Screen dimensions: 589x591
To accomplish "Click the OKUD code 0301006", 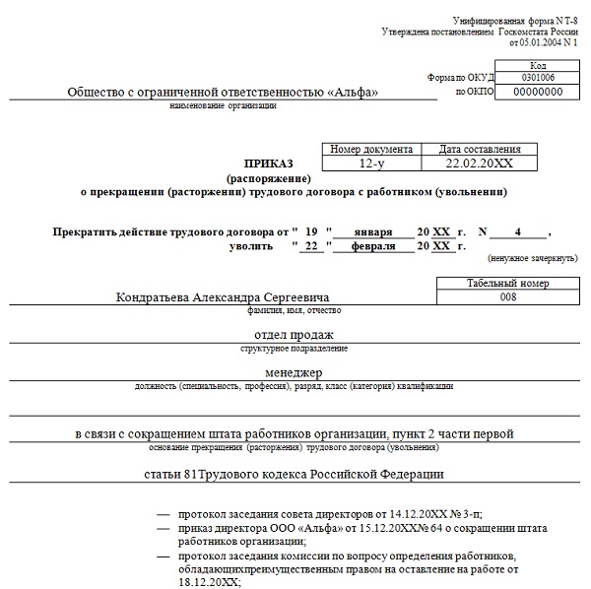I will (x=538, y=76).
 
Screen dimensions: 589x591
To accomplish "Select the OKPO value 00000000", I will (x=538, y=91).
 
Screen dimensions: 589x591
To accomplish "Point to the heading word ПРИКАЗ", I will (x=268, y=164).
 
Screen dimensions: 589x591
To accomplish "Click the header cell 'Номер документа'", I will (x=370, y=148).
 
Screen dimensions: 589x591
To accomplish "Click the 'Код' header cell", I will (x=538, y=63).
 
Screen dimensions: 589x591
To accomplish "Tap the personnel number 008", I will (x=507, y=296).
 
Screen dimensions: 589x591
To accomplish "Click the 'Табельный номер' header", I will (x=507, y=283).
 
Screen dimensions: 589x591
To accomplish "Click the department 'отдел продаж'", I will (x=295, y=335).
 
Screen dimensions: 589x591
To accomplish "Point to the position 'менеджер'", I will (x=295, y=373).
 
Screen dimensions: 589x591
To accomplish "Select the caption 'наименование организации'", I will (x=223, y=104).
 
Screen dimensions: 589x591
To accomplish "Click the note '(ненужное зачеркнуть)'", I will (x=532, y=258).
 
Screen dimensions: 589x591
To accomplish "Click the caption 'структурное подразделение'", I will (x=294, y=348).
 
